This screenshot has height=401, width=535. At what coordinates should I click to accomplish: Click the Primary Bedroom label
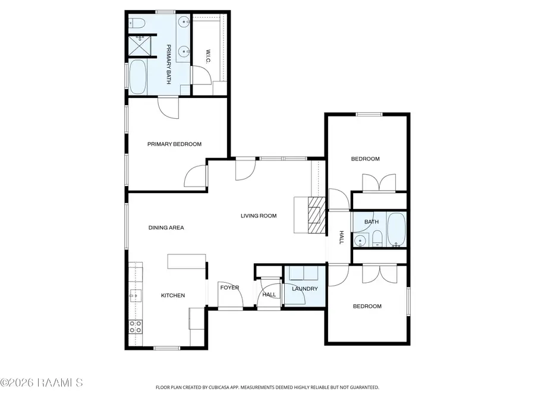coord(174,144)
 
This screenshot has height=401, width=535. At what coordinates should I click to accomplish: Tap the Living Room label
coord(259,216)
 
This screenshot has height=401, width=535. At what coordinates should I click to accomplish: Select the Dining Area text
coord(166,228)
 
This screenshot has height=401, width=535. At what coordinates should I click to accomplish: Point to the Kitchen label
coord(173,296)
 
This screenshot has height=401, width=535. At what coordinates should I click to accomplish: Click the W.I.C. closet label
coord(208,56)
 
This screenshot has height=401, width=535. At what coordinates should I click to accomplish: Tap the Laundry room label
coord(305,289)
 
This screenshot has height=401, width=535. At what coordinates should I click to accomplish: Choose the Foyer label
coord(229,288)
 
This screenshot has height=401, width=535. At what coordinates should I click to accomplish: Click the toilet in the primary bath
coord(137,23)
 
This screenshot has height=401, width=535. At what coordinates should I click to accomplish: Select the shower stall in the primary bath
coord(139,46)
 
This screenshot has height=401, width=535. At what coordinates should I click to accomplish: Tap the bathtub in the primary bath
coord(137,77)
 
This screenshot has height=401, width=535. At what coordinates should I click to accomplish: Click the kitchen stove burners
coord(136,327)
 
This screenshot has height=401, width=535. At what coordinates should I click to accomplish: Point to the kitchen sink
coord(136,296)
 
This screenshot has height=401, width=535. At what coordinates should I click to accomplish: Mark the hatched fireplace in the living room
coord(316,215)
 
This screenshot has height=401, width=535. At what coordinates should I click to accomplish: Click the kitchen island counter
coord(186,261)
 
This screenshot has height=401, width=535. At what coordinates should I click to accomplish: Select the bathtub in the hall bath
coord(396,229)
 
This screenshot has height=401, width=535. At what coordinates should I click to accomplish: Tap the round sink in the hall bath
coord(360,241)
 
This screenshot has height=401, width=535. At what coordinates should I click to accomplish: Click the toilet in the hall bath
coord(377,238)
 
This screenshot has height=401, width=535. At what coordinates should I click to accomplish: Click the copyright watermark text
coord(41,383)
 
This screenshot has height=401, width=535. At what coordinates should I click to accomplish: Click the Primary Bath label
coord(169,64)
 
